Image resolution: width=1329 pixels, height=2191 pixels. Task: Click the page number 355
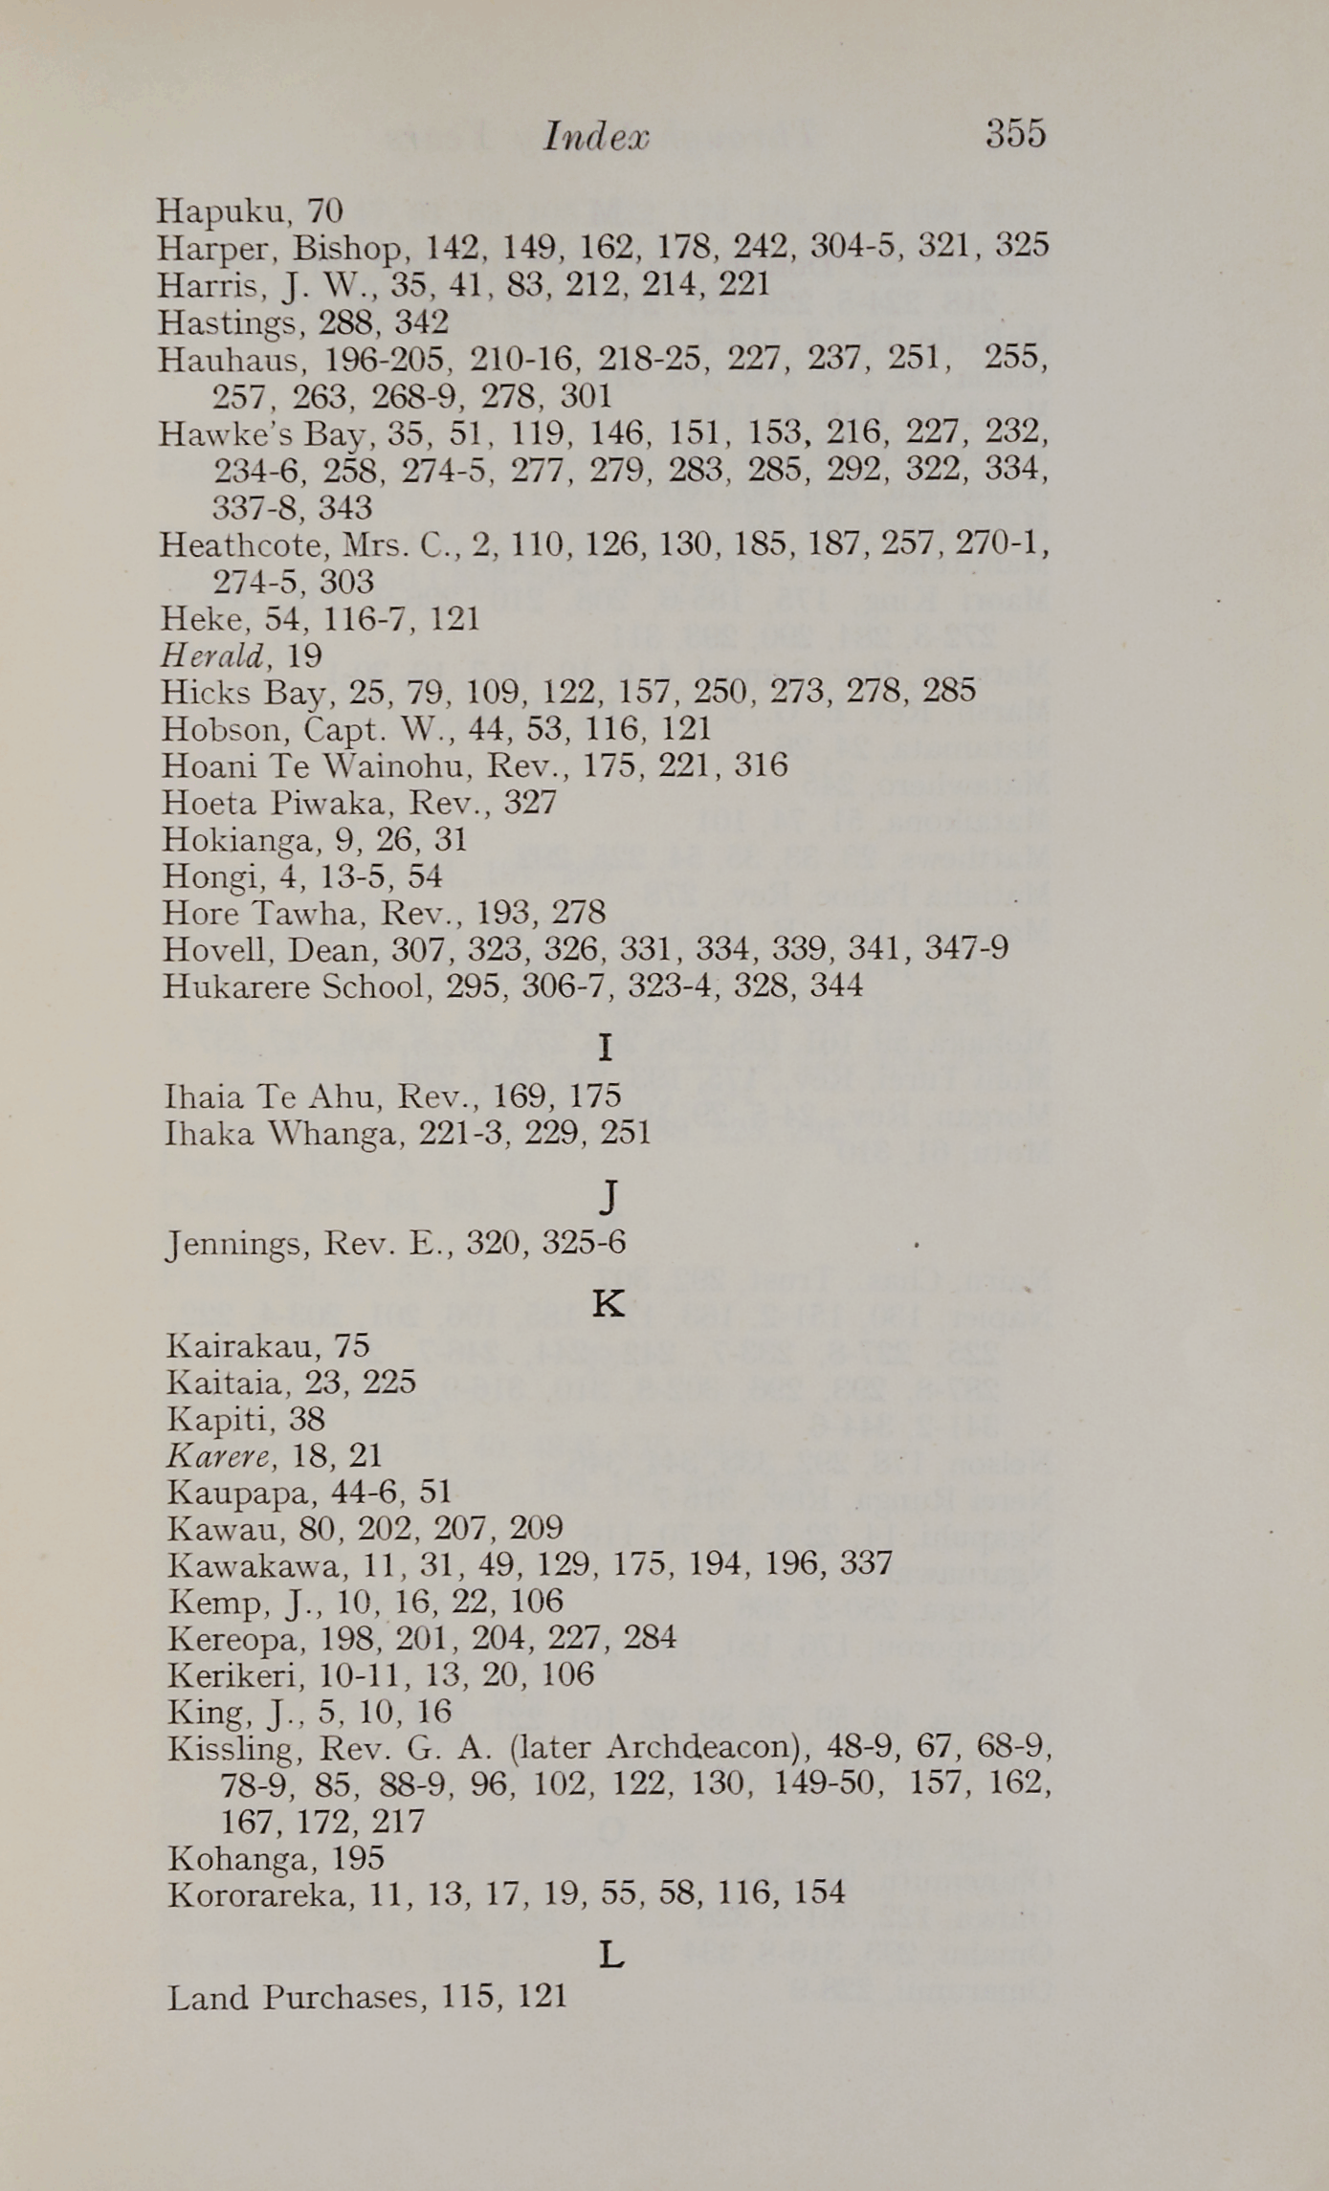click(1015, 133)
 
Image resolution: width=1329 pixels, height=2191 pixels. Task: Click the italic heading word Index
click(596, 137)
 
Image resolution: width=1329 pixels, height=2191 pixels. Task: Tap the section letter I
click(605, 1049)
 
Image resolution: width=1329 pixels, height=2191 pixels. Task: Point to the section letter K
click(609, 1303)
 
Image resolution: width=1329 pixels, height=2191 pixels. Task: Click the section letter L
click(611, 1956)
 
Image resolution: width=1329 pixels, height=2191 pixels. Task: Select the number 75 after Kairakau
click(351, 1346)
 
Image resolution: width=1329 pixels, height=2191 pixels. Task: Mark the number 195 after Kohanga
click(357, 1858)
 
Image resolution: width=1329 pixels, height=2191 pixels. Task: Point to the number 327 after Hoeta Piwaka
click(530, 802)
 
